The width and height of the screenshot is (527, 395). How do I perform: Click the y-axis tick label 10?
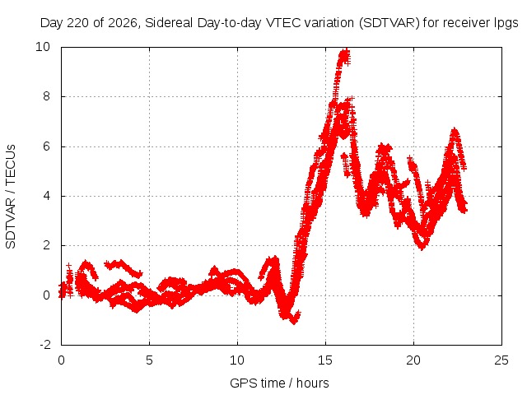point(43,47)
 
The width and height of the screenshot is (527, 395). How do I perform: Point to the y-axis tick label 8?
point(46,96)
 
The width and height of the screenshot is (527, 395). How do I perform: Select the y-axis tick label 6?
point(46,146)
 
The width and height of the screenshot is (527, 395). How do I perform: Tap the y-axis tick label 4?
point(46,196)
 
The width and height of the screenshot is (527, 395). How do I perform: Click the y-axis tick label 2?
point(46,245)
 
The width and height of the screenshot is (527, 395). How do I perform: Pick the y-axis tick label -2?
point(45,345)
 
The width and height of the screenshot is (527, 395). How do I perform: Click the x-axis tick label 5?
point(149,360)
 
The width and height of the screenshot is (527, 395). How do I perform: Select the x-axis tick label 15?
point(325,360)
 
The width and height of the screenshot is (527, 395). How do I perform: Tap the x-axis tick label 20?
point(413,360)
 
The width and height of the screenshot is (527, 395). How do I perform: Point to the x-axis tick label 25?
point(501,360)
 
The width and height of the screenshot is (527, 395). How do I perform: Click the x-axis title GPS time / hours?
point(279,383)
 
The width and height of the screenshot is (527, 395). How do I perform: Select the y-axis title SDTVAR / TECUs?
point(11,197)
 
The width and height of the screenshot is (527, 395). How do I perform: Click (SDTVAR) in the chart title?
point(389,23)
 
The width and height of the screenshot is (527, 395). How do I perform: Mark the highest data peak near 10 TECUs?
point(345,51)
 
